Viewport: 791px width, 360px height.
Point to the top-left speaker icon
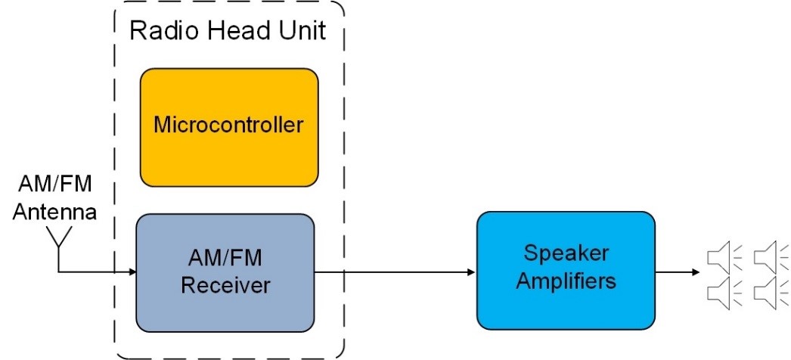(x=721, y=257)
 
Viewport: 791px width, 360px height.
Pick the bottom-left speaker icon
(x=721, y=290)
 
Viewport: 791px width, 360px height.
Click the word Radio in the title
(x=157, y=31)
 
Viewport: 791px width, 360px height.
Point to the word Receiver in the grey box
(x=225, y=285)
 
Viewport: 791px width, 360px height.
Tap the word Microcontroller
(x=228, y=124)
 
